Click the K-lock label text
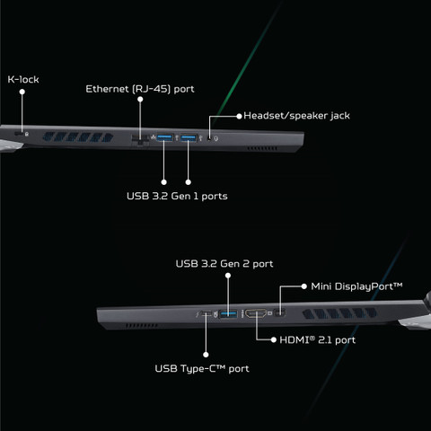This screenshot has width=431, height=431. point(23,80)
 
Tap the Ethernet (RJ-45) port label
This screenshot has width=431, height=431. point(140,89)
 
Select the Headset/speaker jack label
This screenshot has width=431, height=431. point(296,116)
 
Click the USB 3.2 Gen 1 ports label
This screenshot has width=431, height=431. point(177,196)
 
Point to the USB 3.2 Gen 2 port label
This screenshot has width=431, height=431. point(224,264)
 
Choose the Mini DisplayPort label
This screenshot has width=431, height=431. point(356,286)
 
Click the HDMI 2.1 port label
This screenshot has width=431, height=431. point(317,340)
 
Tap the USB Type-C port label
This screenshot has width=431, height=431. point(202,369)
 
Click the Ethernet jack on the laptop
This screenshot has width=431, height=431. point(140,139)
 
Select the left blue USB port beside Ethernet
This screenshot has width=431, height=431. point(164,137)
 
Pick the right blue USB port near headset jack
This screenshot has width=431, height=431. point(189,138)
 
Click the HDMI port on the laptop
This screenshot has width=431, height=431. point(256,313)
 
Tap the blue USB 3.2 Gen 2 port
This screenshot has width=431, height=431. point(228,314)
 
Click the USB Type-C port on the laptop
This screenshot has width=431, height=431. point(207,314)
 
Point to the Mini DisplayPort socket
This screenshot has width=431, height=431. point(280,313)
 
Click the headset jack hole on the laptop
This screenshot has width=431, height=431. point(210,138)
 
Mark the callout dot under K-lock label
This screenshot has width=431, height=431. point(22,92)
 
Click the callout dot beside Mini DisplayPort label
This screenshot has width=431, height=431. point(304,286)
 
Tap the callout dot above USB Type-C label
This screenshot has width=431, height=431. point(206,355)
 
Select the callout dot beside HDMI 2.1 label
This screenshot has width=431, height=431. point(273,339)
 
